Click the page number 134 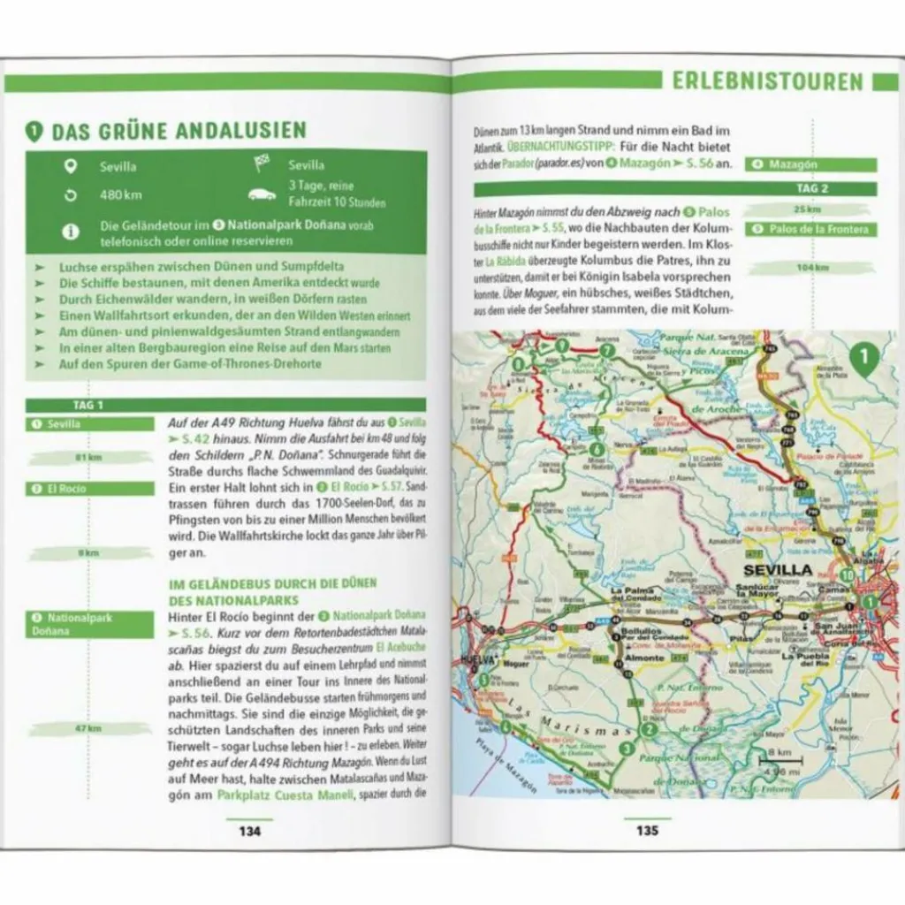[250, 830]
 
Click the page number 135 [647, 830]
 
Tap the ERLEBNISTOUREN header [767, 82]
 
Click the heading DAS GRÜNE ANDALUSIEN [179, 132]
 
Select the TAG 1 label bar [88, 405]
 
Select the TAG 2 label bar [811, 188]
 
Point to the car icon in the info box [262, 194]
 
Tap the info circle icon [71, 232]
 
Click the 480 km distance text [120, 195]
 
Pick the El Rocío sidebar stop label [88, 489]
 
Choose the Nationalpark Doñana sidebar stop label [88, 624]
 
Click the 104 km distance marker [811, 268]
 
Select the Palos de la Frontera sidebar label [811, 230]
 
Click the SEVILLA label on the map [777, 570]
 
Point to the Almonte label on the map [644, 658]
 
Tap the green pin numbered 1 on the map [865, 357]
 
